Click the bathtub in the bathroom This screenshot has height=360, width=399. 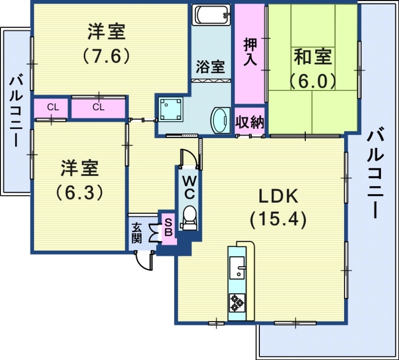click(x=212, y=14)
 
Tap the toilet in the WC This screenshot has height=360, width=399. click(x=190, y=217)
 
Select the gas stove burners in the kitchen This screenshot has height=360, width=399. click(x=236, y=302)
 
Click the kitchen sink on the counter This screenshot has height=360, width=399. click(x=237, y=269)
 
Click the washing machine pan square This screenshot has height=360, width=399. click(x=170, y=109)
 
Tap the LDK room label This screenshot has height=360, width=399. click(x=278, y=196)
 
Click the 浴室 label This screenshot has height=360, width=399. click(x=210, y=67)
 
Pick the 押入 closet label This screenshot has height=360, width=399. click(x=250, y=52)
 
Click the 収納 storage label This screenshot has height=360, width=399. click(x=249, y=122)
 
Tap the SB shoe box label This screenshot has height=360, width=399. click(x=168, y=228)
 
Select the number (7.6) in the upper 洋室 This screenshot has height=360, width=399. click(x=106, y=55)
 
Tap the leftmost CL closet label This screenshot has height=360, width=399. click(x=52, y=107)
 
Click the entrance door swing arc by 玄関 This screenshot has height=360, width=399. click(x=147, y=261)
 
